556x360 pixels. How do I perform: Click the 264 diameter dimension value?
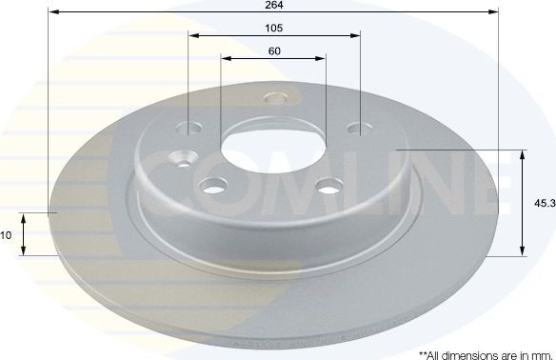tap(273, 5)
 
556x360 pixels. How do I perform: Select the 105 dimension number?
tap(273, 27)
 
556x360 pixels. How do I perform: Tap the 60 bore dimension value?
tap(273, 50)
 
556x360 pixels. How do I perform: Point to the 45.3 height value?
tap(544, 201)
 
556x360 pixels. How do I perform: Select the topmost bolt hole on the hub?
tap(277, 98)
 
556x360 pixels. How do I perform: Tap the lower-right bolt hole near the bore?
tap(329, 187)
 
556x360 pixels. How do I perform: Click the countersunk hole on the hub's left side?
tap(178, 160)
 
